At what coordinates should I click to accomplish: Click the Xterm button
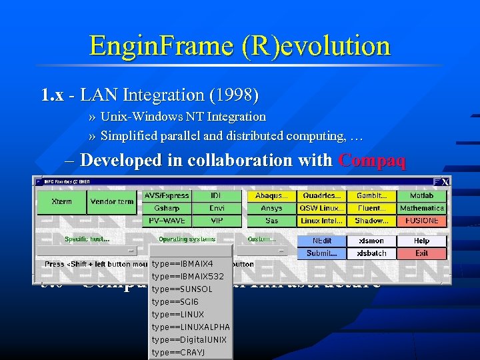[x=62, y=201]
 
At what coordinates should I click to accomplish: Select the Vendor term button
[x=112, y=201]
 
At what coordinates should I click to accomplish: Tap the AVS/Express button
[x=167, y=196]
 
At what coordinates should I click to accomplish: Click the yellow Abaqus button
[x=271, y=196]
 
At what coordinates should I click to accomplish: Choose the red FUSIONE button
[x=422, y=220]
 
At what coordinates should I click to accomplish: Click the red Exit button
[x=421, y=253]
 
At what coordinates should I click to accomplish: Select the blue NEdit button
[x=321, y=241]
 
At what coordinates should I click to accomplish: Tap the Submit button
[x=321, y=253]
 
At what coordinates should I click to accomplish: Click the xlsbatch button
[x=372, y=253]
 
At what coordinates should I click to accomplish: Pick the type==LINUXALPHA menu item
[x=191, y=327]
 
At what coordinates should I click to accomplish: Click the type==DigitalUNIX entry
[x=189, y=339]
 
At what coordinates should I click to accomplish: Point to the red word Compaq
[x=372, y=161]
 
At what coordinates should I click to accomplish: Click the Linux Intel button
[x=321, y=220]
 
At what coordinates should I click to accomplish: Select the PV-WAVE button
[x=167, y=220]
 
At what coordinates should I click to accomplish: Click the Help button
[x=421, y=241]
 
